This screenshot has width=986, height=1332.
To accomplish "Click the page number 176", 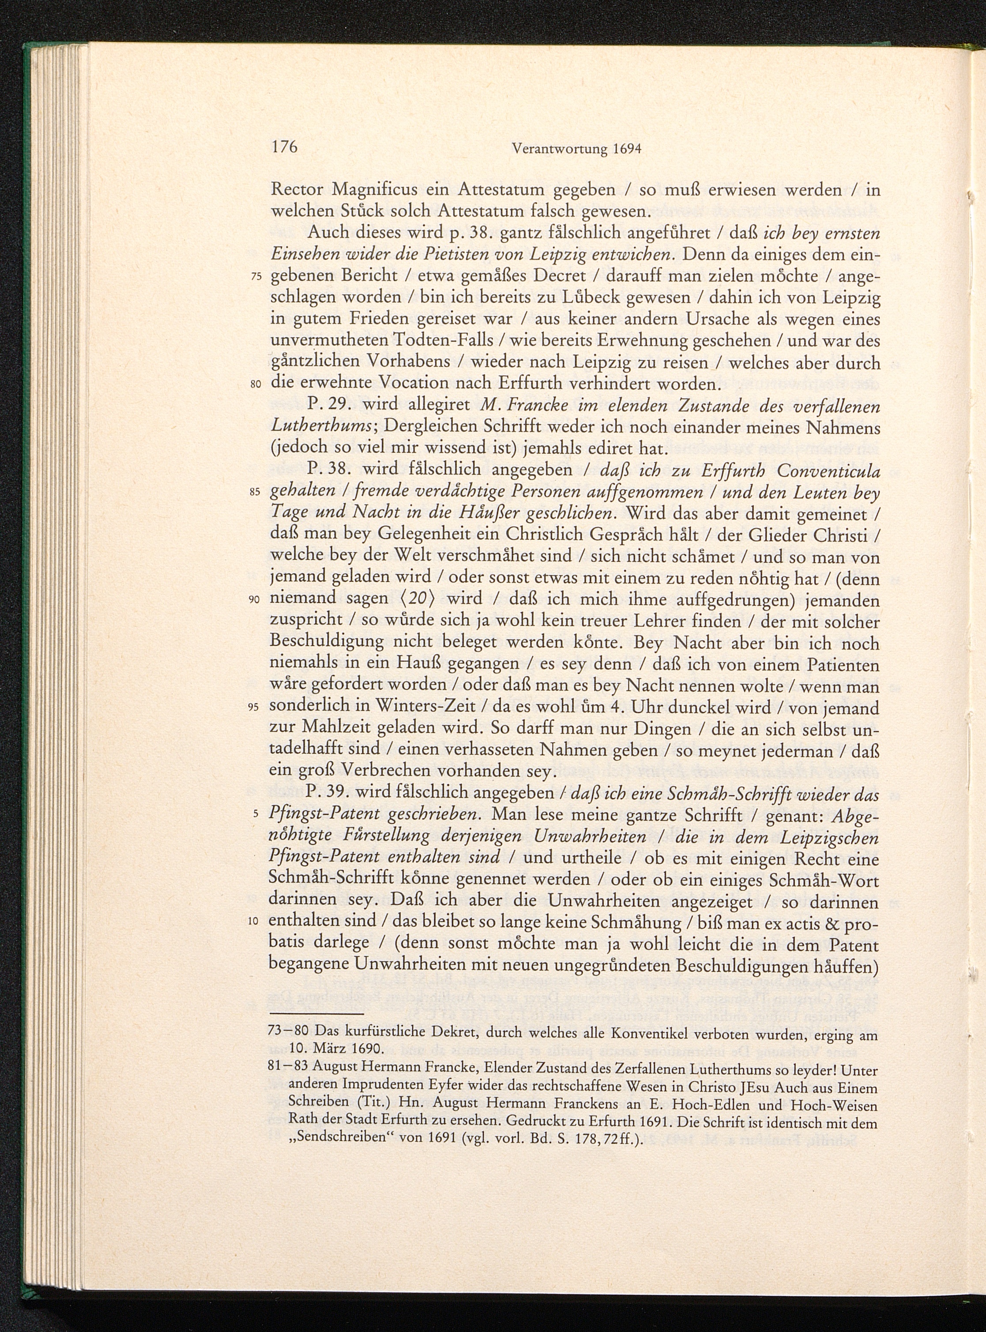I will tap(284, 165).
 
